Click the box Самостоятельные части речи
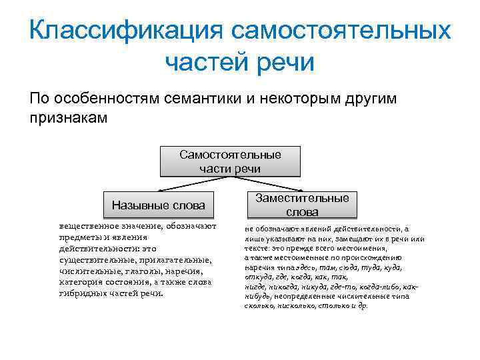[230, 161]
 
